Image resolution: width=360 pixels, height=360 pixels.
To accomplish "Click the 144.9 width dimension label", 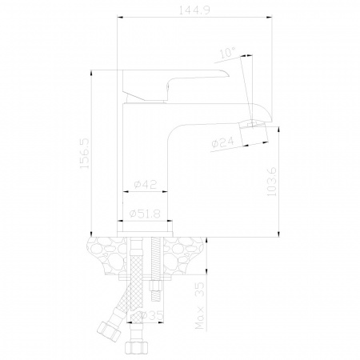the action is (194, 10).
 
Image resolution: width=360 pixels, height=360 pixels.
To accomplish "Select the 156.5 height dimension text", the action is (85, 153).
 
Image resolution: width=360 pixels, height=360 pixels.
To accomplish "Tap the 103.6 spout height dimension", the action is (272, 182).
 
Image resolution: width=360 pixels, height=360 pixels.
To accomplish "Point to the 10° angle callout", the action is (228, 53).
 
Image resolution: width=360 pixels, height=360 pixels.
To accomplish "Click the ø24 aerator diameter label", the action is (222, 142).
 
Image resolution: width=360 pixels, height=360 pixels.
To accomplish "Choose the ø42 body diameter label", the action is (146, 184).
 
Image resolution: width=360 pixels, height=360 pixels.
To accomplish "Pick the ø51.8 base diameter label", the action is (145, 214).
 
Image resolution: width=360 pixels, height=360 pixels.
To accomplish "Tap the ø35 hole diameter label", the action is (152, 316).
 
